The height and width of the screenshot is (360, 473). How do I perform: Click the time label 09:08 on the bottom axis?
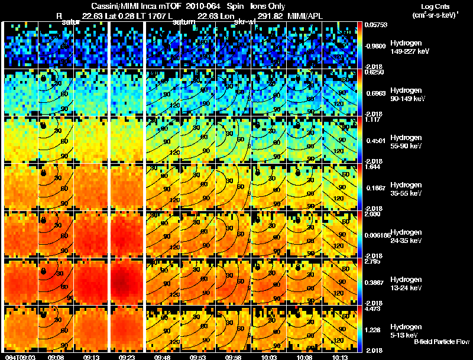[56, 357]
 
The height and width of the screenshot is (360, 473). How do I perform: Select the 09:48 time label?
[163, 357]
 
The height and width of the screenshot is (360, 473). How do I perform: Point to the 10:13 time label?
[341, 357]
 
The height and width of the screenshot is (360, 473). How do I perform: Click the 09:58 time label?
[234, 357]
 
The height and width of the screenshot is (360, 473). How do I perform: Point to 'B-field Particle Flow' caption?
[442, 342]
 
